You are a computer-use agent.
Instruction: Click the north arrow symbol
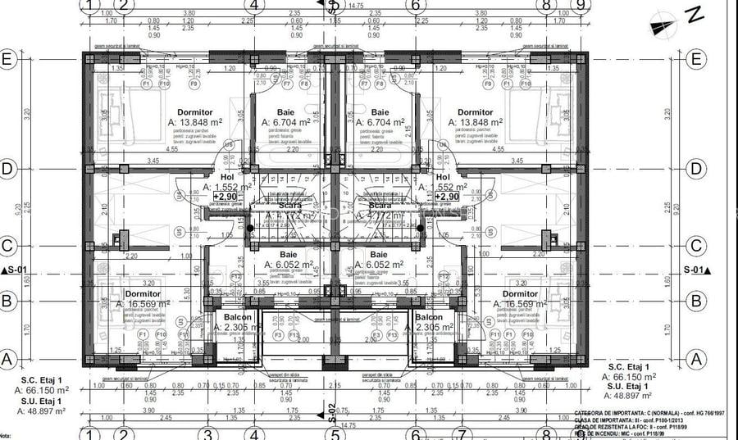[662, 25]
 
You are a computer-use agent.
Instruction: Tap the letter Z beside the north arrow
[694, 14]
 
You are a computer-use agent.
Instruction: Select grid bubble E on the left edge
[9, 60]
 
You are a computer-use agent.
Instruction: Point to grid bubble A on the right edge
[696, 358]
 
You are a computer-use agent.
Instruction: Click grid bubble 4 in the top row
[254, 5]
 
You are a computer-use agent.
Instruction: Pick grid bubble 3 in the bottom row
[208, 434]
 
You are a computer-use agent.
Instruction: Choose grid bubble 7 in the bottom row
[462, 434]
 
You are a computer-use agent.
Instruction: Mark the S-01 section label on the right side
[697, 270]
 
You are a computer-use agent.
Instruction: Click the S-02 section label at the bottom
[331, 412]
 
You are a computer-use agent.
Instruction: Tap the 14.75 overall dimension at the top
[356, 6]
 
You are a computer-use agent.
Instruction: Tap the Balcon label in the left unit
[238, 318]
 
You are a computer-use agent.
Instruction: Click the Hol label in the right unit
[443, 177]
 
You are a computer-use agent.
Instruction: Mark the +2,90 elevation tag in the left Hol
[225, 197]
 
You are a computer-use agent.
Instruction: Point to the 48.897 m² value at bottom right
[631, 396]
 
